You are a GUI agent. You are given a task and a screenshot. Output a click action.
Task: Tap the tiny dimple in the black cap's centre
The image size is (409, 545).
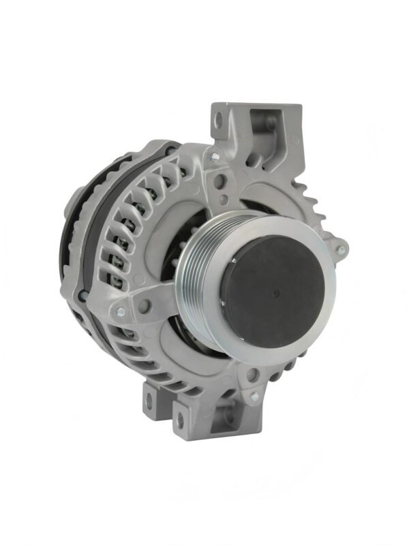[273, 294]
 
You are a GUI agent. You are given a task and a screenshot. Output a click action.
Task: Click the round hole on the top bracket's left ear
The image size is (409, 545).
[219, 121]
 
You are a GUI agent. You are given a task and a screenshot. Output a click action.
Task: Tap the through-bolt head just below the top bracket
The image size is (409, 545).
[215, 157]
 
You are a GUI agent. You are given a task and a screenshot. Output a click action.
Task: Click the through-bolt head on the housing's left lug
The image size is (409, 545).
[121, 312]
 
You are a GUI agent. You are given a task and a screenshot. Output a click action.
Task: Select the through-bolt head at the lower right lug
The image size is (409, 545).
[254, 395]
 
